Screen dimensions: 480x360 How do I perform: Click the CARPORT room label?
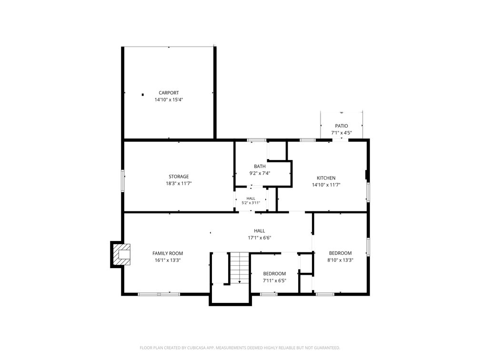169,93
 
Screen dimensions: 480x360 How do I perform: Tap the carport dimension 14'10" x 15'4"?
169,100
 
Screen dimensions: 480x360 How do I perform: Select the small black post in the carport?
143,95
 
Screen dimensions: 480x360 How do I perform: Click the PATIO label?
341,126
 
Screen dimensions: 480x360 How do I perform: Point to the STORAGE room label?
179,177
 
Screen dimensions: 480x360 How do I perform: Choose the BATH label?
260,167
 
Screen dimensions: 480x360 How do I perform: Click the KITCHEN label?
326,178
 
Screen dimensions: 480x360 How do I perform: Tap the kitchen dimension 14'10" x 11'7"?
326,185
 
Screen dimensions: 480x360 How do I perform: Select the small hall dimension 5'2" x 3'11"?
250,203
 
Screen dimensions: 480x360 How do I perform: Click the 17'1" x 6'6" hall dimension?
260,238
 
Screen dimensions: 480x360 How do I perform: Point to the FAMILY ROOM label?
168,253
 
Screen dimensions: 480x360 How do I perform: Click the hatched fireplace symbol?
121,255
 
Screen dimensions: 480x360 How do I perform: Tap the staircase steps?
240,268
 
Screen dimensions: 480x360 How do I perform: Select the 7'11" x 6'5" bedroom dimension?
275,281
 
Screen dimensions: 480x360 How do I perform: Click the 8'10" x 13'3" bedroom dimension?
340,260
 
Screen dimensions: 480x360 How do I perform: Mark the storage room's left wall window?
123,181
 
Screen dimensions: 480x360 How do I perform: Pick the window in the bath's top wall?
257,140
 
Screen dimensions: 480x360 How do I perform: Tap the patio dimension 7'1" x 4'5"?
341,133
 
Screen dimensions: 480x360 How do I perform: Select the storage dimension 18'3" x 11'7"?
179,184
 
